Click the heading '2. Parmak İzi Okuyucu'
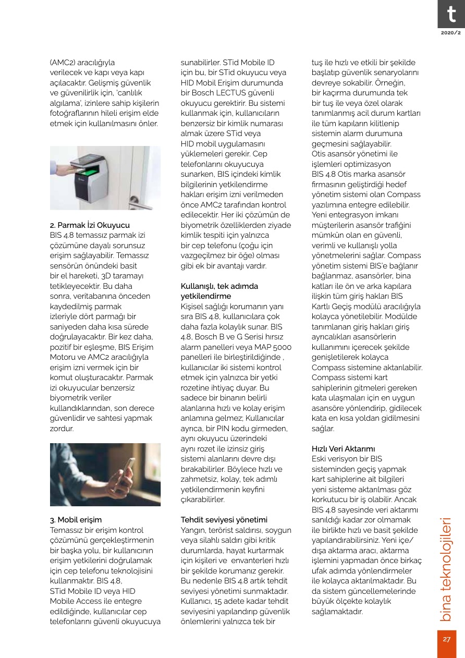pos(90,225)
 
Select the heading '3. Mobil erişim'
pos(76,519)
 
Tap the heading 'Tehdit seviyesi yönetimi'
pos(224,519)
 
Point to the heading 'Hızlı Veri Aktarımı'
pos(344,448)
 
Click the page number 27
pos(447,639)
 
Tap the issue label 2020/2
pos(450,33)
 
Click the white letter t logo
pos(450,14)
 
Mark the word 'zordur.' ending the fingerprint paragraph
pos(62,429)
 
